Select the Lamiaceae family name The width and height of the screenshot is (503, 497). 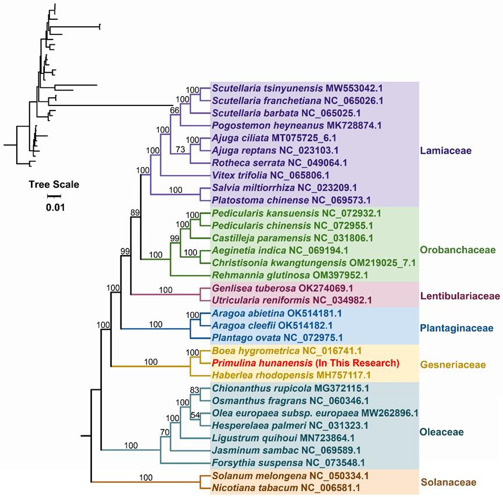(444, 150)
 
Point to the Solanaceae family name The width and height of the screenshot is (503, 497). (448, 482)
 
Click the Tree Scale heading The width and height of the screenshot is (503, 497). (54, 185)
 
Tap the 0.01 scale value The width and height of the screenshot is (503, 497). (55, 207)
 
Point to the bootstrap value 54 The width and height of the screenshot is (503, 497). (196, 415)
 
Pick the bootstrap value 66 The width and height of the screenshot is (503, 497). (174, 110)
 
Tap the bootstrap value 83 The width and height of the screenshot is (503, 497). (196, 389)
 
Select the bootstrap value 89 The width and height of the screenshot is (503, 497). (135, 212)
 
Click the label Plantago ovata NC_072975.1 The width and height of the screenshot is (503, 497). (277, 337)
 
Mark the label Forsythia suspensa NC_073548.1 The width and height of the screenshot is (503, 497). (288, 463)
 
